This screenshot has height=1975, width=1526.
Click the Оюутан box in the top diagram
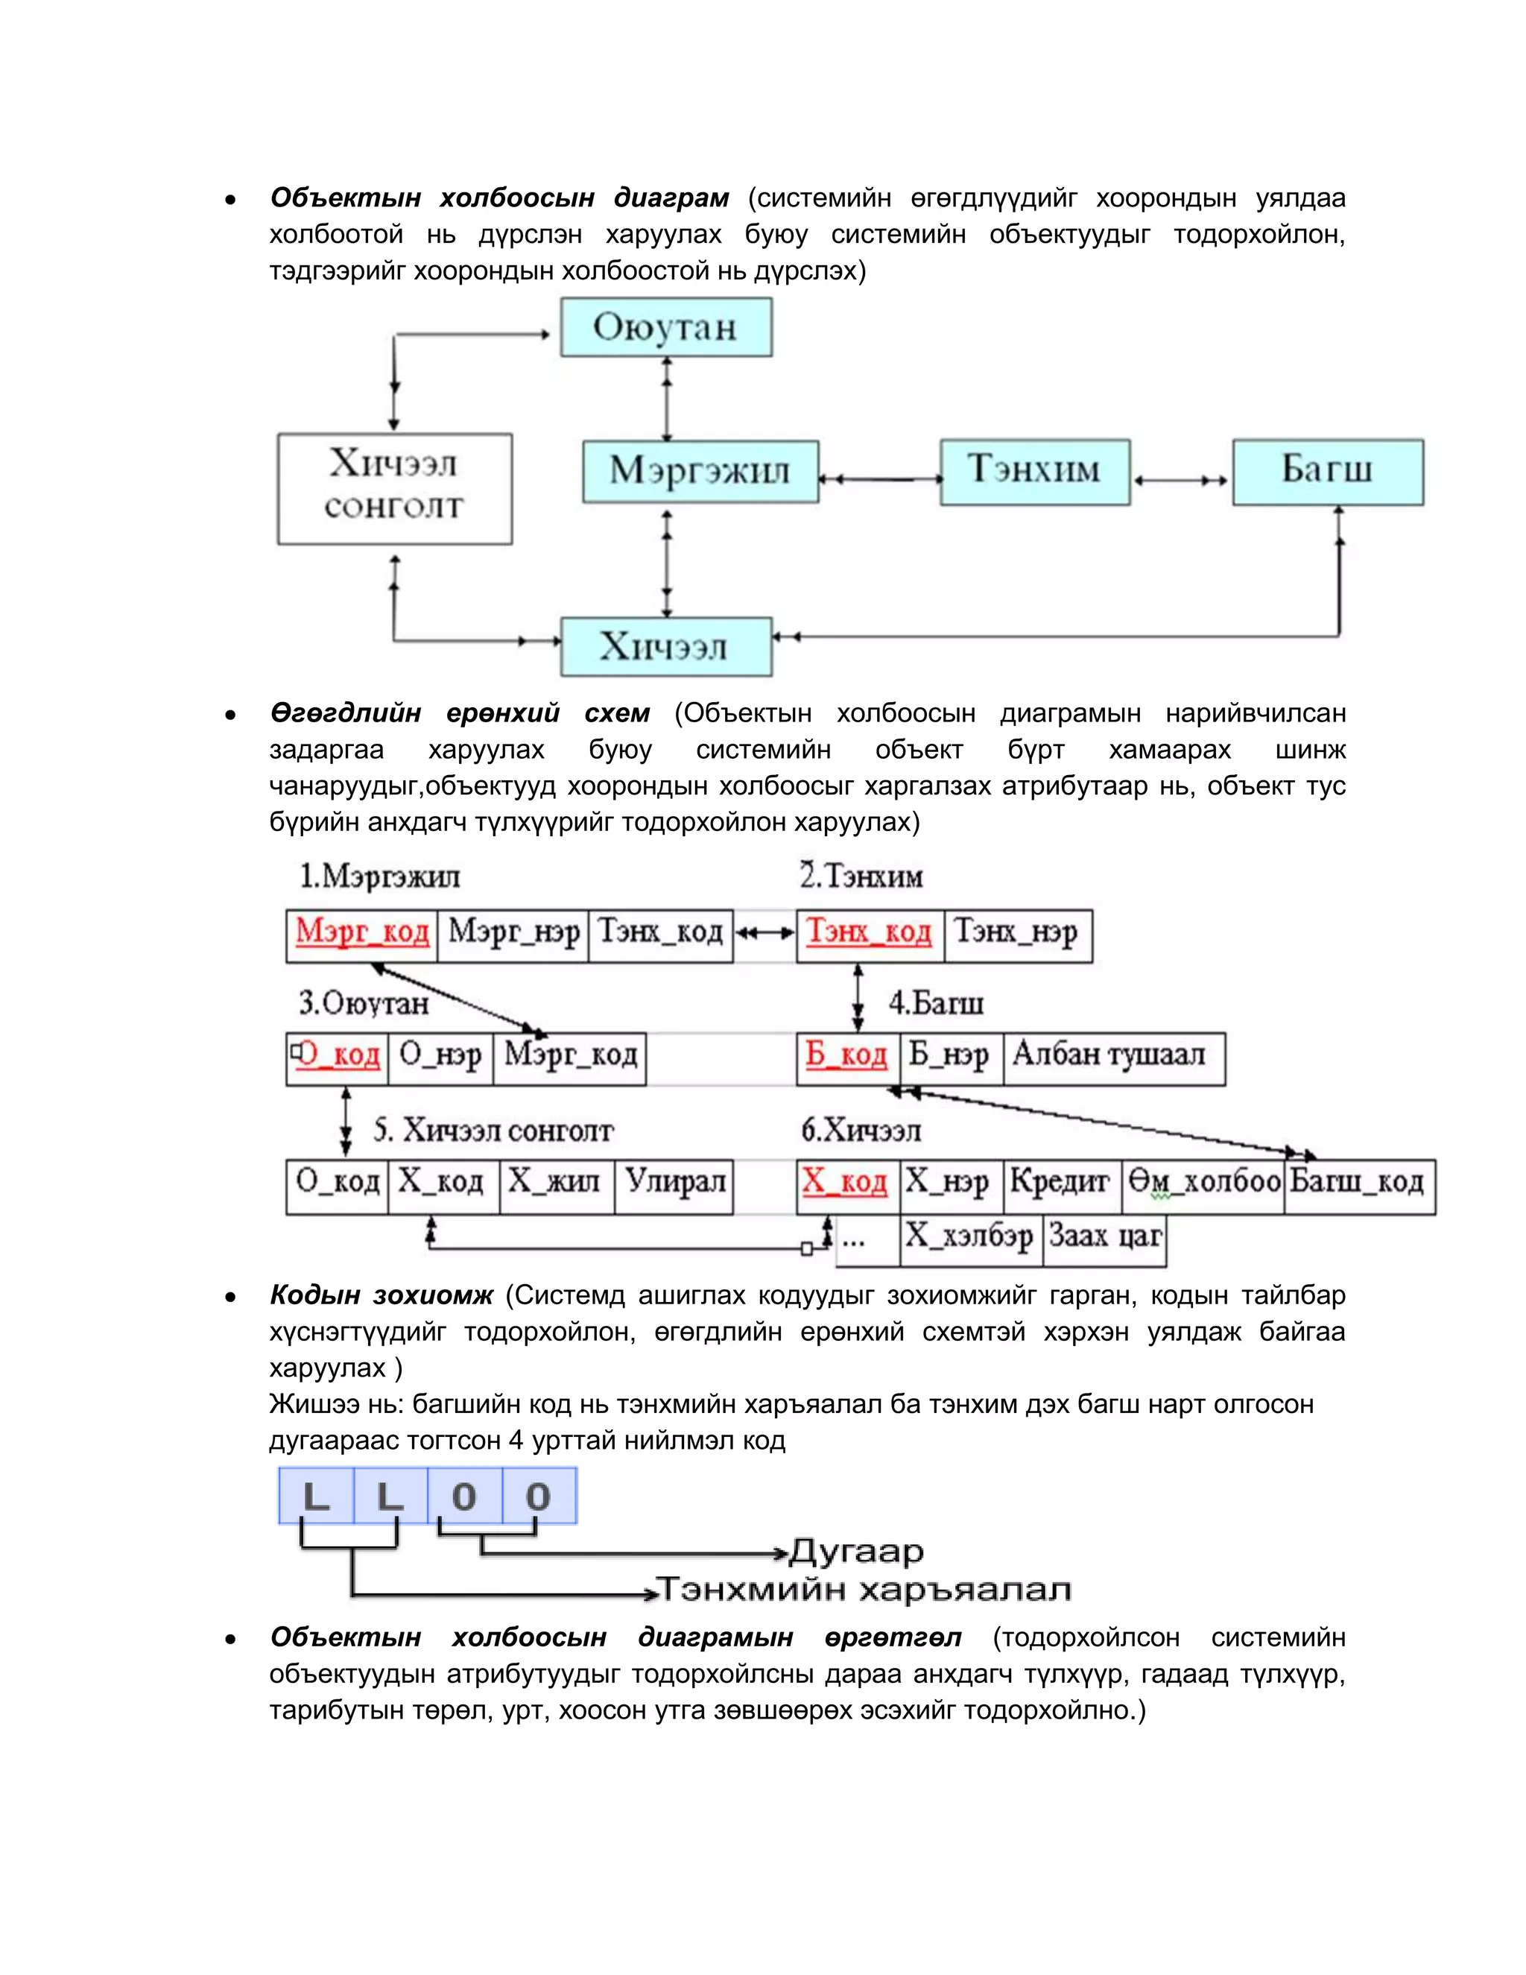[x=665, y=327]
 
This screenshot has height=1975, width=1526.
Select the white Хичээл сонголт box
[x=394, y=488]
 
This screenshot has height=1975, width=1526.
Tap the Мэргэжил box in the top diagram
[x=700, y=471]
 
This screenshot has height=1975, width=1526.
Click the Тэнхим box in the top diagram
[x=1034, y=471]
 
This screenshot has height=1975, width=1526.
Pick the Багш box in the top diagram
[x=1327, y=471]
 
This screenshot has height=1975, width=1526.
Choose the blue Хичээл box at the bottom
[x=665, y=647]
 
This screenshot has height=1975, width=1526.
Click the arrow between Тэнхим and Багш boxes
[x=1181, y=480]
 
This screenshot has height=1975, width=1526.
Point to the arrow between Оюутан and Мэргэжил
[x=667, y=399]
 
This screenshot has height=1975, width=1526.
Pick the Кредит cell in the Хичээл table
[x=1060, y=1184]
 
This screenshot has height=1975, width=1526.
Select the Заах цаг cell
[x=1105, y=1237]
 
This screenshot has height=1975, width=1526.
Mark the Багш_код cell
[x=1357, y=1184]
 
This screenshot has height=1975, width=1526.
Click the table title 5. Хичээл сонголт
[x=493, y=1131]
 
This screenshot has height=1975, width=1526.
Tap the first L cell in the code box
[x=315, y=1497]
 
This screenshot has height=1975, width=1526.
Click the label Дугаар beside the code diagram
[x=856, y=1552]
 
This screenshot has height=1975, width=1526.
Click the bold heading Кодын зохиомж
[x=381, y=1295]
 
